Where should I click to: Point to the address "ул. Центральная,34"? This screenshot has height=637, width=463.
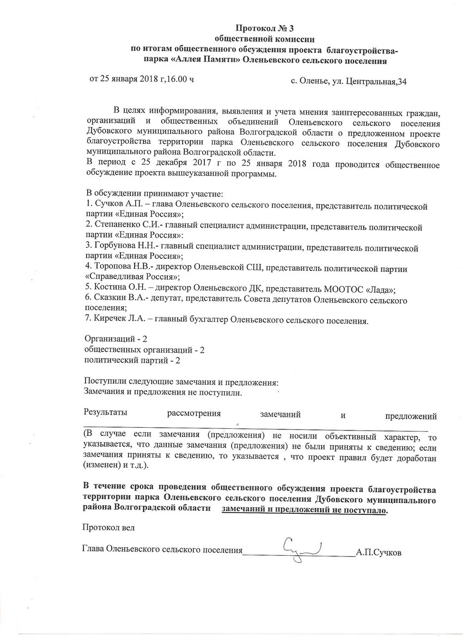tap(369, 82)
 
